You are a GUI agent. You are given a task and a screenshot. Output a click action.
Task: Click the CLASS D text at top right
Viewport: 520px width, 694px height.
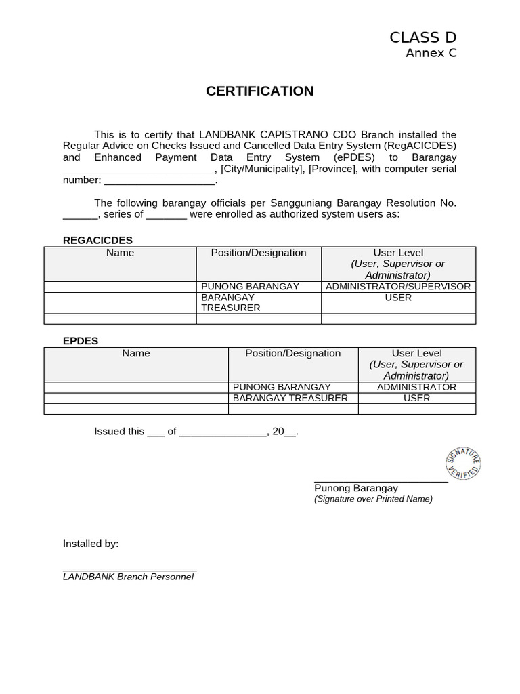click(x=422, y=37)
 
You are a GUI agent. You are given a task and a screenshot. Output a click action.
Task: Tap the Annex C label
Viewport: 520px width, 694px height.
click(x=431, y=53)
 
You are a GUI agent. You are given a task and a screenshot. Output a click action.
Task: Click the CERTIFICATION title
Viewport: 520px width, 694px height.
click(x=259, y=91)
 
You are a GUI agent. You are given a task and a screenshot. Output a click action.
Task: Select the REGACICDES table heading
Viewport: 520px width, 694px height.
click(x=97, y=240)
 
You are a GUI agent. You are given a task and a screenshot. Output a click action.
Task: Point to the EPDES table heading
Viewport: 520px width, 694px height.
click(x=81, y=340)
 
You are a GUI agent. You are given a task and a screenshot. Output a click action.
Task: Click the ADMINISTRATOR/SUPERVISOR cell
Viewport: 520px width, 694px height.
click(x=398, y=287)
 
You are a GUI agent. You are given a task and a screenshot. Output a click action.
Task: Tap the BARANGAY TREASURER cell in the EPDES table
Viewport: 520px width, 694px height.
click(x=290, y=398)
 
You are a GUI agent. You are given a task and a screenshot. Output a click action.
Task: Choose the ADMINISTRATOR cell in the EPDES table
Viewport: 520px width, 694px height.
click(x=416, y=387)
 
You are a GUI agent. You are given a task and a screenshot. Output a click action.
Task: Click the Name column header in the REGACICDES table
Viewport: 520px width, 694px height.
click(x=120, y=253)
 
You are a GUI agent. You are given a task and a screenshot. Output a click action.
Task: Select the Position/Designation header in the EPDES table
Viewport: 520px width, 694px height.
click(x=292, y=353)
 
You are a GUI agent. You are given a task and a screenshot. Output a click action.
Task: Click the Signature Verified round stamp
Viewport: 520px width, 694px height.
click(x=463, y=463)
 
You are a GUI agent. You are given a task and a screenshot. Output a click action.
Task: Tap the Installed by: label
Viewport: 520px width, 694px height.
click(x=91, y=544)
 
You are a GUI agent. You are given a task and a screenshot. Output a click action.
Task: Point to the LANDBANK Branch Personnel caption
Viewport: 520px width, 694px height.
click(x=128, y=577)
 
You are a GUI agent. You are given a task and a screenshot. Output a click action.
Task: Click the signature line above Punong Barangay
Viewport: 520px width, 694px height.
click(x=381, y=481)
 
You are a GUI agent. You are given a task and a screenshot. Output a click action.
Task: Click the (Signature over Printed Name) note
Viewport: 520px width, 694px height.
click(x=373, y=499)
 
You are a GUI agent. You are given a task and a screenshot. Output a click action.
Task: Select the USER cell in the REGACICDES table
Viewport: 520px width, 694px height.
click(x=398, y=298)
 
